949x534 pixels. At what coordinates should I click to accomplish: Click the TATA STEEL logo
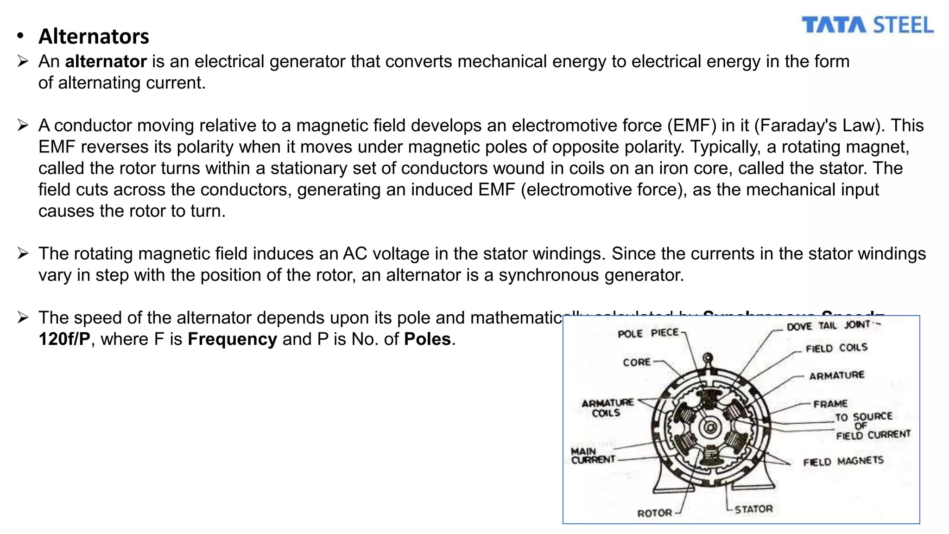coord(867,25)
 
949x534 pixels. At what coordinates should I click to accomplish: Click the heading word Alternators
coord(94,37)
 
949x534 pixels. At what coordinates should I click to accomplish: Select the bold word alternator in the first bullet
coord(106,62)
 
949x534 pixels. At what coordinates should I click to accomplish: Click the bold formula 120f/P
coord(64,339)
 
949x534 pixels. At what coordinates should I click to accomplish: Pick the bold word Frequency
coord(232,339)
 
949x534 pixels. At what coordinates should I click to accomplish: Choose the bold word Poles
coord(427,339)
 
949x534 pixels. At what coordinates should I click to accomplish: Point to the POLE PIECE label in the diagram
coord(648,333)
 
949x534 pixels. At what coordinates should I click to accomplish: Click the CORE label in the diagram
coord(637,362)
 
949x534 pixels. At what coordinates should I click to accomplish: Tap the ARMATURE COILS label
coord(607,408)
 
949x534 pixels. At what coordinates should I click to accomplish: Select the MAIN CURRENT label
coord(593,455)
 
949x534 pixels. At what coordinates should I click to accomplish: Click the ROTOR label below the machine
coord(654,513)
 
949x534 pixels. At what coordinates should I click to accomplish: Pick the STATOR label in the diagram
coord(753,509)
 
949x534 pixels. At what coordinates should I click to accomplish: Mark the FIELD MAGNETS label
coord(843,461)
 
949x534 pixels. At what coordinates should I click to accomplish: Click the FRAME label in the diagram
coord(830,404)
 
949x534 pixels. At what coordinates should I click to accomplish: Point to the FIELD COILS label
coord(836,348)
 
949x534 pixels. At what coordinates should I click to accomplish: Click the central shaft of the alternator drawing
coord(709,427)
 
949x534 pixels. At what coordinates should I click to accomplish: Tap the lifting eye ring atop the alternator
coord(708,358)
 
